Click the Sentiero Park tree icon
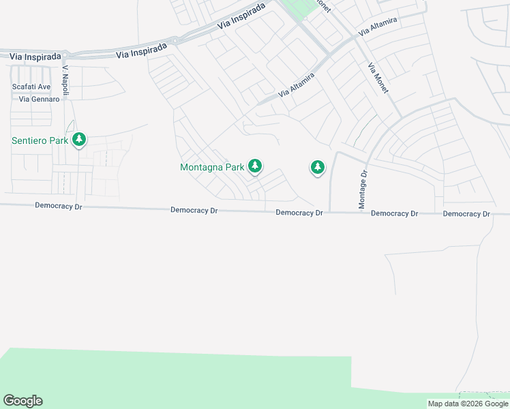pos(79,140)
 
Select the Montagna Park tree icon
pos(255,166)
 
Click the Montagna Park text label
pos(212,167)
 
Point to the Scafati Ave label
pos(31,87)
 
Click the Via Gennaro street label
pos(40,99)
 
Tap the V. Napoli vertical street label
pos(65,80)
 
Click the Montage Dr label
pos(363,190)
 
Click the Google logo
pos(22,401)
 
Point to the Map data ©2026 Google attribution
pos(467,404)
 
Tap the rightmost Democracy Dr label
pos(466,214)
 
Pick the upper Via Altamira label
pos(373,28)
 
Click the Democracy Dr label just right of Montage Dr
pos(394,213)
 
